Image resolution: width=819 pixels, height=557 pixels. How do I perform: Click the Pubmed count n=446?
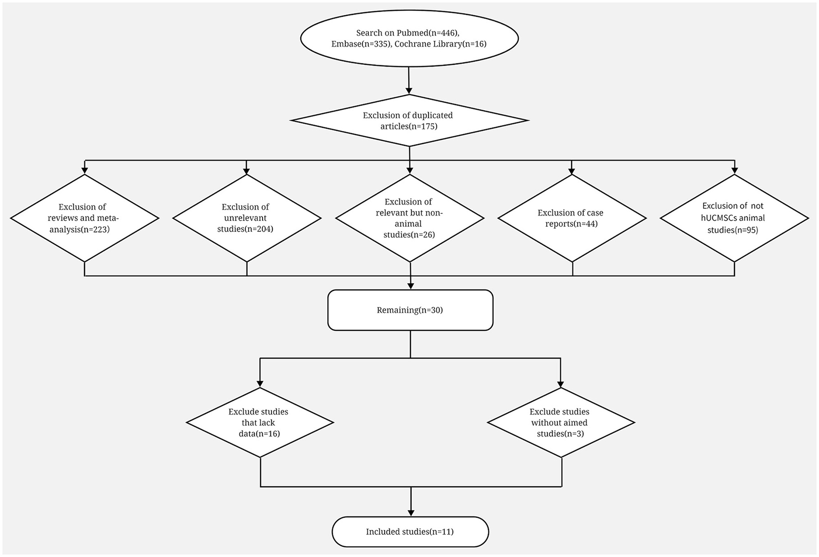443,33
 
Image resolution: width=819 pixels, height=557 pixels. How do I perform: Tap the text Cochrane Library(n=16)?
440,44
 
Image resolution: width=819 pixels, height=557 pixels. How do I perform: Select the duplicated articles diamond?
409,121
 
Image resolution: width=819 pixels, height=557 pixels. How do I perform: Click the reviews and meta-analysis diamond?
84,218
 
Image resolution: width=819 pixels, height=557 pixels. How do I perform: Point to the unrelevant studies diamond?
246,218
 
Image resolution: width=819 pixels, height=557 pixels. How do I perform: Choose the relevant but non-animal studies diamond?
409,218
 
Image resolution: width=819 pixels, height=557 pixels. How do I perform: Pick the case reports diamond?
572,218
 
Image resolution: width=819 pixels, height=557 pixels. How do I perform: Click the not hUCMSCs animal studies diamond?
734,218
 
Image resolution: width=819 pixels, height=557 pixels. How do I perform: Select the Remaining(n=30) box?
410,310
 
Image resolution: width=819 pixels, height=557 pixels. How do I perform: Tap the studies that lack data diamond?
260,422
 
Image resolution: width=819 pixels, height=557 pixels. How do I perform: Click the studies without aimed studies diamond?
561,422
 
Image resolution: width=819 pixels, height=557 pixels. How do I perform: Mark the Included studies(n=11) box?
410,532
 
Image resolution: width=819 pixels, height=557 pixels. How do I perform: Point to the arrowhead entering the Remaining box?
410,285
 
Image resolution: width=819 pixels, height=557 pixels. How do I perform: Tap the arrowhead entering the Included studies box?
410,512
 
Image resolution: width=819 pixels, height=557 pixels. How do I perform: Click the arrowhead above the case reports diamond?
572,170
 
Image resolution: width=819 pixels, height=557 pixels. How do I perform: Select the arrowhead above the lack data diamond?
260,383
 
